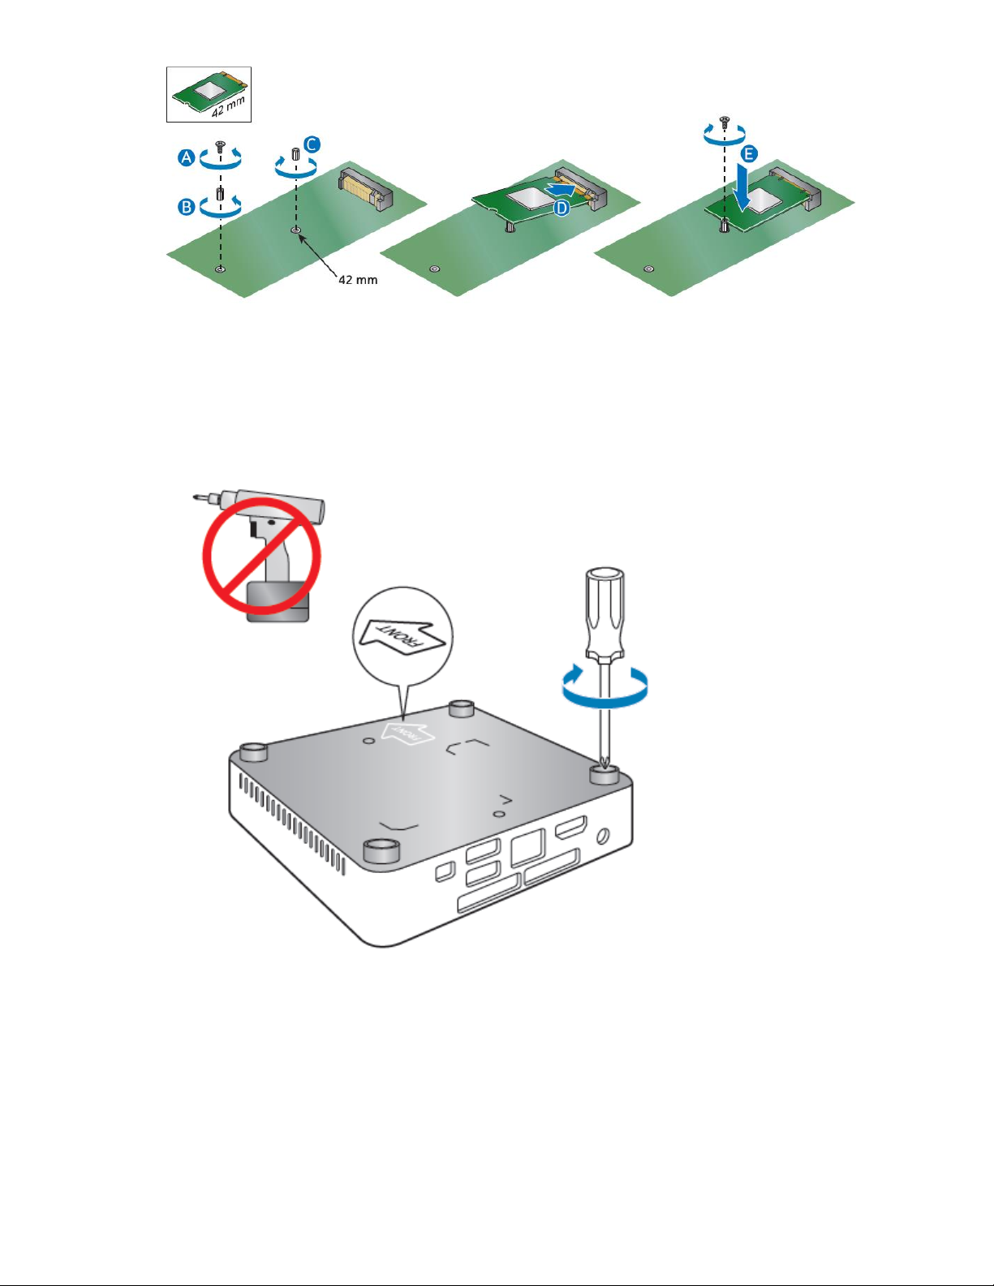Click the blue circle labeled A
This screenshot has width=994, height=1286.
[x=187, y=157]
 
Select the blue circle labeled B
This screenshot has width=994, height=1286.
[x=187, y=207]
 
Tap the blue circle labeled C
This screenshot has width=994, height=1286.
[x=312, y=144]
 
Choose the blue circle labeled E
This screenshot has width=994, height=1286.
[x=749, y=154]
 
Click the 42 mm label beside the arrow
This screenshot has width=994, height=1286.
[x=357, y=279]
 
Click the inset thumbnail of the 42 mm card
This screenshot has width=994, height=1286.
[x=209, y=95]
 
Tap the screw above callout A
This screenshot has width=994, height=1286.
[x=221, y=144]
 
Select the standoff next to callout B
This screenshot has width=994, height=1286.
[x=221, y=194]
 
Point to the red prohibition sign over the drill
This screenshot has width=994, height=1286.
[x=262, y=556]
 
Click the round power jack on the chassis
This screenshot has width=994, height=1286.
[x=603, y=837]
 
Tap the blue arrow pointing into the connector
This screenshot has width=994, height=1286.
[x=559, y=189]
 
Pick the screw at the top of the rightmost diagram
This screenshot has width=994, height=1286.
[x=725, y=120]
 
